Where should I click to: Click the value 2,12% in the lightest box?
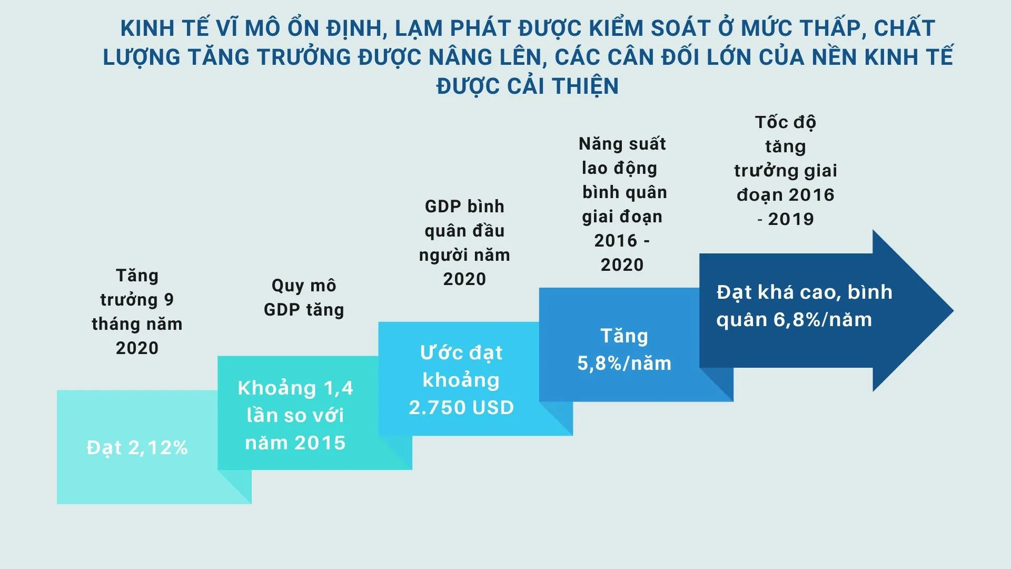pyautogui.click(x=158, y=448)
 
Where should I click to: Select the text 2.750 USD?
pyautogui.click(x=461, y=407)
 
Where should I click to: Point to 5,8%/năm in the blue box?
pyautogui.click(x=625, y=364)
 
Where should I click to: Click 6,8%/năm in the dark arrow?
pyautogui.click(x=822, y=320)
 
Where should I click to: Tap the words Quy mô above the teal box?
pyautogui.click(x=304, y=286)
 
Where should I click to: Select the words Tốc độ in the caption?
pyautogui.click(x=786, y=122)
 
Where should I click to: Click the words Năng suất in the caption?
pyautogui.click(x=622, y=144)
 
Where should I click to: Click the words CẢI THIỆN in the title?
pyautogui.click(x=563, y=86)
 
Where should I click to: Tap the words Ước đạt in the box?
pyautogui.click(x=461, y=353)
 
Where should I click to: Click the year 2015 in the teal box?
pyautogui.click(x=320, y=443)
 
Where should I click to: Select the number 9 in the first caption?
pyautogui.click(x=168, y=300)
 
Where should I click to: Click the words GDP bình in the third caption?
pyautogui.click(x=464, y=207)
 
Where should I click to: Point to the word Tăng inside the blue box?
pyautogui.click(x=625, y=337)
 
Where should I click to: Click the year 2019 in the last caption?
pyautogui.click(x=791, y=219)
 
